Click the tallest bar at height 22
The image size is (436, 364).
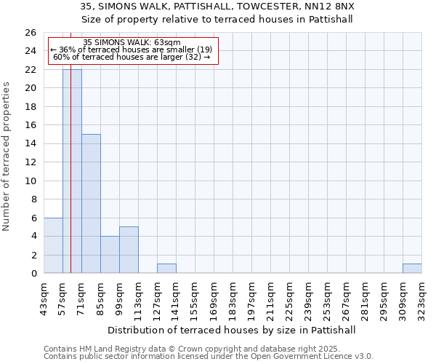coord(72,171)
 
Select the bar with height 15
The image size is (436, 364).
coord(91,204)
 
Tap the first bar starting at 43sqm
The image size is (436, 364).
coord(53,245)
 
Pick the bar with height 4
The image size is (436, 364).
coord(110,255)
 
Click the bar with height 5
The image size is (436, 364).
coord(129,250)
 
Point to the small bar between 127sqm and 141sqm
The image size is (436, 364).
coord(166,269)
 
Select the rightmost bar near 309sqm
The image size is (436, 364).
coord(412,269)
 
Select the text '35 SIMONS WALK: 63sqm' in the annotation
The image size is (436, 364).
coord(132,43)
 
